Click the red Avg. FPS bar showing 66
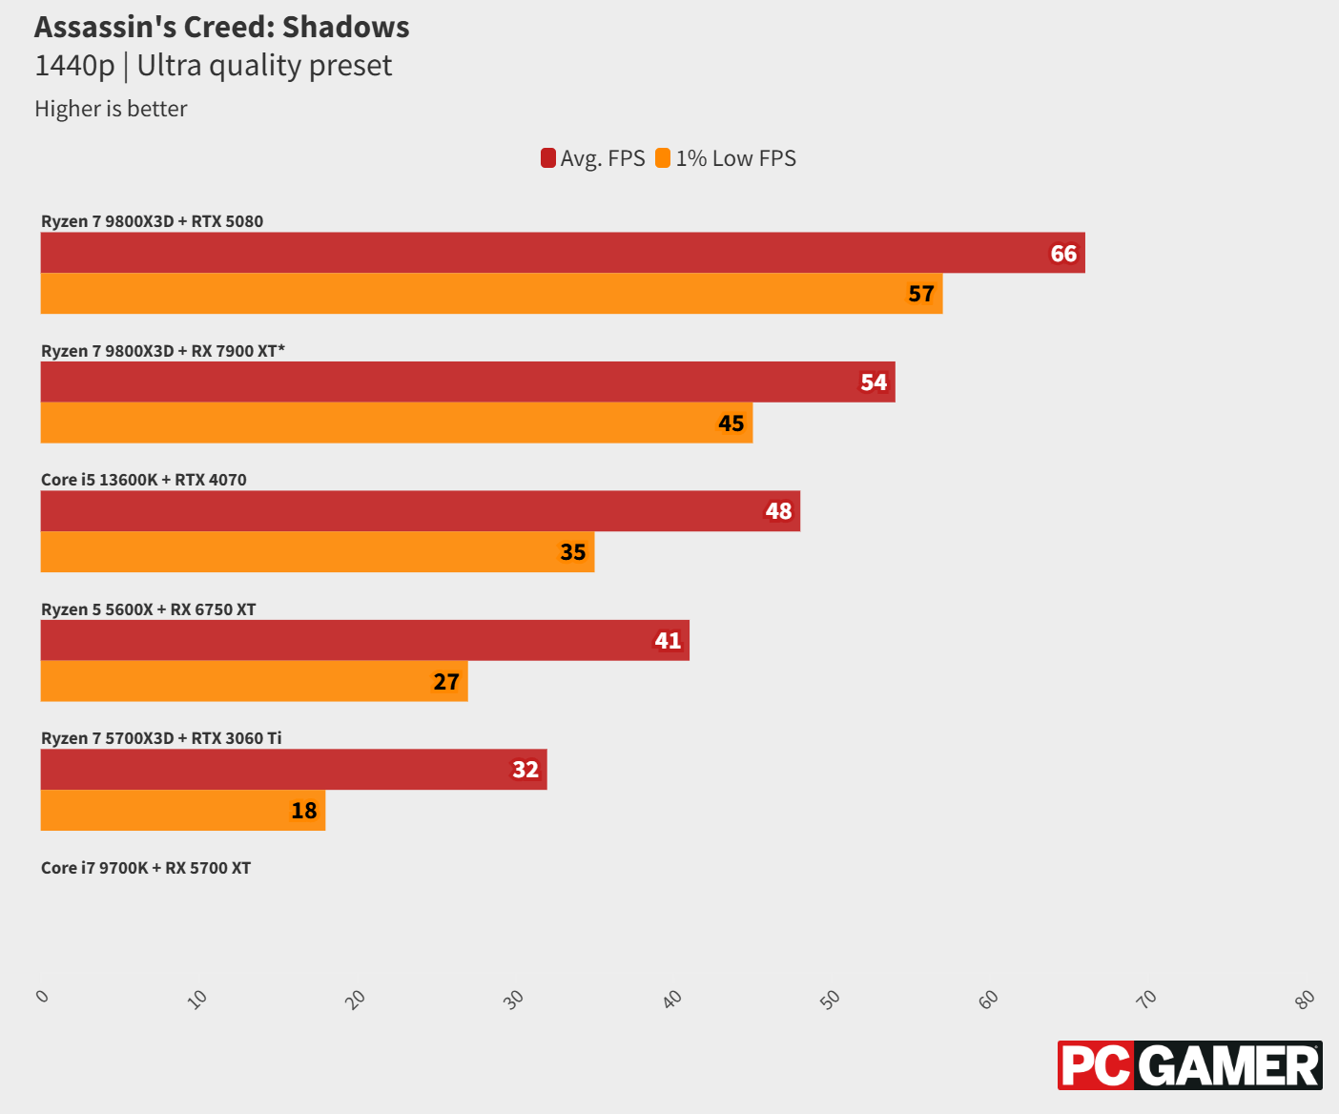click(x=563, y=253)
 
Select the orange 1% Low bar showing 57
click(x=491, y=294)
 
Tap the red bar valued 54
click(x=467, y=382)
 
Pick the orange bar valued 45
click(x=396, y=423)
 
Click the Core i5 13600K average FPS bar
click(x=420, y=511)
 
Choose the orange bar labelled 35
click(x=317, y=552)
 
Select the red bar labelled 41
click(x=364, y=640)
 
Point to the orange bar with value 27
click(x=254, y=681)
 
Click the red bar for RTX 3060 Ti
click(x=293, y=770)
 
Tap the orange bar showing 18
click(x=182, y=811)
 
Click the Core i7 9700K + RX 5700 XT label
click(x=146, y=868)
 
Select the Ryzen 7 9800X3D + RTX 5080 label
click(x=152, y=221)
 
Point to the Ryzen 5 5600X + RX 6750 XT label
click(x=148, y=609)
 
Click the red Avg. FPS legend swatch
click(x=548, y=158)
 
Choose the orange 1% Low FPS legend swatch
click(x=663, y=158)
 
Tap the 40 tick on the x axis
click(x=672, y=999)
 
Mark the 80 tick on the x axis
click(x=1305, y=999)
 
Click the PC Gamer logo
click(x=1189, y=1065)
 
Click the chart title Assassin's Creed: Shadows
click(x=222, y=27)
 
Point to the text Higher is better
click(x=111, y=109)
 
